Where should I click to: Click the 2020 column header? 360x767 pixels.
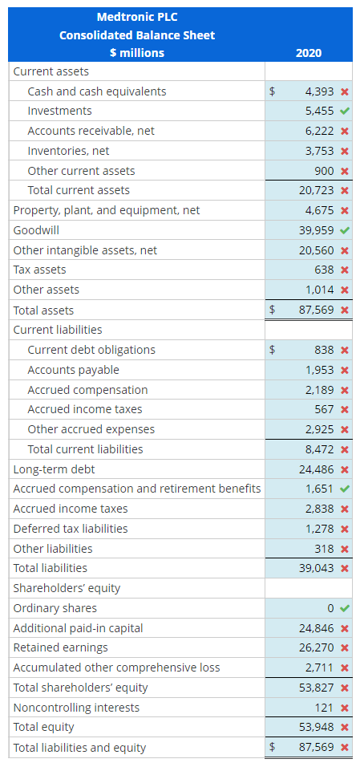[308, 53]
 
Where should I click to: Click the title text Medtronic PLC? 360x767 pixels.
[137, 17]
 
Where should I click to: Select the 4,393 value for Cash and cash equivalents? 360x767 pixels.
[319, 91]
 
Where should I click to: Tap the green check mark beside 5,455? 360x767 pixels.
[344, 111]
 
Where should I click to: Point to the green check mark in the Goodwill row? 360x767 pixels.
[344, 230]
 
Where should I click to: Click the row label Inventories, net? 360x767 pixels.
[68, 151]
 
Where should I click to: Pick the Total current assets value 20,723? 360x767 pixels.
[316, 190]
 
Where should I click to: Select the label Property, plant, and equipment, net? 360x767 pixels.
[107, 210]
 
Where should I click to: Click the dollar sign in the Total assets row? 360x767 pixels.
[273, 310]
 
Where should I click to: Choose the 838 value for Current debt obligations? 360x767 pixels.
[325, 350]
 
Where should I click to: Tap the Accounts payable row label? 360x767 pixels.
[73, 370]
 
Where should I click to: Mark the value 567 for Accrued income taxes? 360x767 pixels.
[325, 409]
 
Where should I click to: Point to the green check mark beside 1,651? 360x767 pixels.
[344, 489]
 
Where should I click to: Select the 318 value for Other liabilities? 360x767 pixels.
[325, 549]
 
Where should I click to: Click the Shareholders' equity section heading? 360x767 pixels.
[67, 588]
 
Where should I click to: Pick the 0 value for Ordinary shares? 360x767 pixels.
[330, 608]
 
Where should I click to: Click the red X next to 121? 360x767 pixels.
[344, 708]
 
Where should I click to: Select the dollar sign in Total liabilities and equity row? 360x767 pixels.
[273, 748]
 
